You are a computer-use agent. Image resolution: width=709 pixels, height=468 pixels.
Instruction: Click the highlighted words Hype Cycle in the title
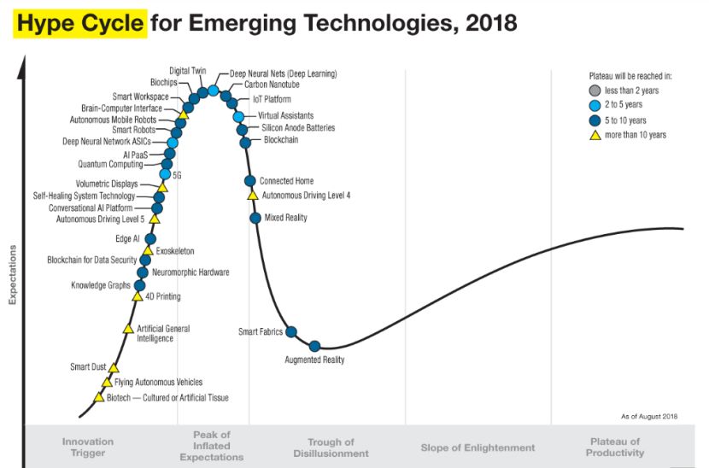pyautogui.click(x=79, y=24)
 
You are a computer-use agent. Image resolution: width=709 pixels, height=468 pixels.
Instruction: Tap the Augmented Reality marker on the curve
pyautogui.click(x=314, y=346)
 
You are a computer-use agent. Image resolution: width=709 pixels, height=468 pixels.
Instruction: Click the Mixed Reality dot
pyautogui.click(x=255, y=218)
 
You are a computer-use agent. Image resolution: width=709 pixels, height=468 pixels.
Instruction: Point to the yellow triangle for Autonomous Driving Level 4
pyautogui.click(x=253, y=196)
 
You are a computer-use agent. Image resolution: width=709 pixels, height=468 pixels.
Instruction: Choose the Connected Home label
pyautogui.click(x=287, y=181)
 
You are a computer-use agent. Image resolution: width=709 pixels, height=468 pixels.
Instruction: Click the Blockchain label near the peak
pyautogui.click(x=281, y=139)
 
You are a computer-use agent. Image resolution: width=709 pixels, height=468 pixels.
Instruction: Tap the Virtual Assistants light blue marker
pyautogui.click(x=239, y=116)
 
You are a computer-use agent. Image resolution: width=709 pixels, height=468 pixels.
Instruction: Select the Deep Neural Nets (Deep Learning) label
pyautogui.click(x=283, y=74)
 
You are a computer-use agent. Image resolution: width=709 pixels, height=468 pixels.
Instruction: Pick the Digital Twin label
pyautogui.click(x=189, y=72)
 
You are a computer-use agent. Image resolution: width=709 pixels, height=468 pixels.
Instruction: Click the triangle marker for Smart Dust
pyautogui.click(x=114, y=367)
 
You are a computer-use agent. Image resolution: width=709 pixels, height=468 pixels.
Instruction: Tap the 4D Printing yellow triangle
pyautogui.click(x=138, y=296)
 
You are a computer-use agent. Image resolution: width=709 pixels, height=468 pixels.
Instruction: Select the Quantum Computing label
pyautogui.click(x=110, y=164)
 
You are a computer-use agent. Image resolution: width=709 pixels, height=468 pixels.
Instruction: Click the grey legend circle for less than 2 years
pyautogui.click(x=595, y=91)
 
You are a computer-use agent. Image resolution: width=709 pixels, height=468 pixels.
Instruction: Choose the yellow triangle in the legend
pyautogui.click(x=595, y=135)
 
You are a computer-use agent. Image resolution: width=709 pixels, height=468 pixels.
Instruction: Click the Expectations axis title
pyautogui.click(x=12, y=275)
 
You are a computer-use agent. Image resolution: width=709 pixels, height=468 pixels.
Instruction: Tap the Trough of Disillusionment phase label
pyautogui.click(x=331, y=448)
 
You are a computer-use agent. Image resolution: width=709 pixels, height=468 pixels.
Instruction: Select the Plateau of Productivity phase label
pyautogui.click(x=614, y=448)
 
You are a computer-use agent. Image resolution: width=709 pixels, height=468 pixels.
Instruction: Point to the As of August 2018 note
pyautogui.click(x=649, y=416)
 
